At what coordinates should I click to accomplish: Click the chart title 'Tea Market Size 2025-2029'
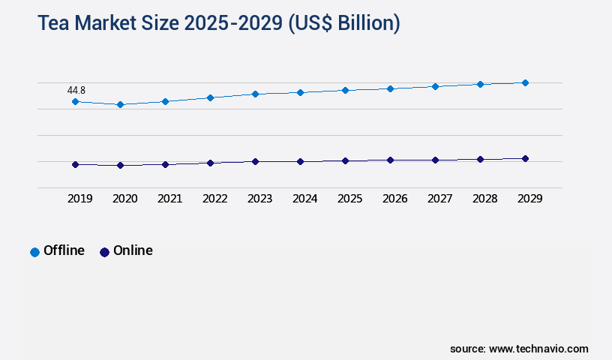tap(218, 23)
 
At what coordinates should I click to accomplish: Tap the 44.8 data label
tap(76, 90)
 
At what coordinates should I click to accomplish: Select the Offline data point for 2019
tap(75, 101)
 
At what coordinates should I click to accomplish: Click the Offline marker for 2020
tap(120, 104)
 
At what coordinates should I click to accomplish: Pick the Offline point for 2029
tap(525, 82)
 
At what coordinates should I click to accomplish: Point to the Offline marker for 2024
tap(300, 92)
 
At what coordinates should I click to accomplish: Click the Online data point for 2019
tap(75, 164)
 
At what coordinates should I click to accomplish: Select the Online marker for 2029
tap(525, 158)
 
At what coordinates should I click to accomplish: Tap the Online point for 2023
tap(255, 161)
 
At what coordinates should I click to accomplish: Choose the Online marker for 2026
tap(390, 160)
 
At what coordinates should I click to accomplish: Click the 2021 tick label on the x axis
tap(169, 199)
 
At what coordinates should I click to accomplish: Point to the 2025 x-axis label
tap(349, 199)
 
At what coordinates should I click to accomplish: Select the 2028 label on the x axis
tap(484, 199)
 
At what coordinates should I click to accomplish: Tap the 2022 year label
tap(214, 199)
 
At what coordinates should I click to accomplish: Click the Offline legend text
tap(64, 250)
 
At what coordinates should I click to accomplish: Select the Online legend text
tap(133, 250)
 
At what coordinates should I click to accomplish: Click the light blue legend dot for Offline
tap(34, 252)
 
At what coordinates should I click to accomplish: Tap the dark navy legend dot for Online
tap(104, 252)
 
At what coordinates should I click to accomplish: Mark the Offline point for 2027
tap(435, 86)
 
